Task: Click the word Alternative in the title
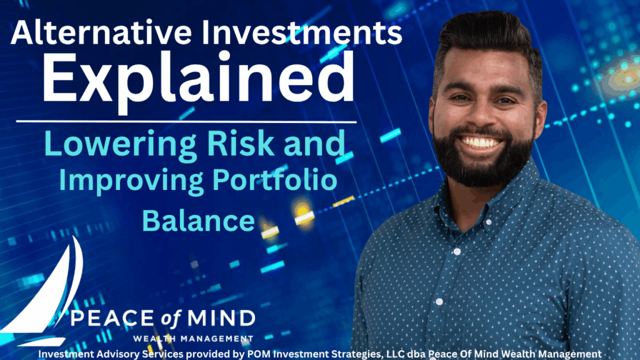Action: point(101,32)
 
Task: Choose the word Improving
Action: point(131,181)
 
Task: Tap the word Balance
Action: point(198,221)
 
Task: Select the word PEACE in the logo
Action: point(112,318)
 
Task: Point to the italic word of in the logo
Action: point(171,319)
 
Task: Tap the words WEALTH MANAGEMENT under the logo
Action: point(193,339)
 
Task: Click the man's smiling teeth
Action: point(481,142)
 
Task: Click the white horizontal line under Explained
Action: point(186,122)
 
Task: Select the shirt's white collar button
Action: point(488,222)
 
